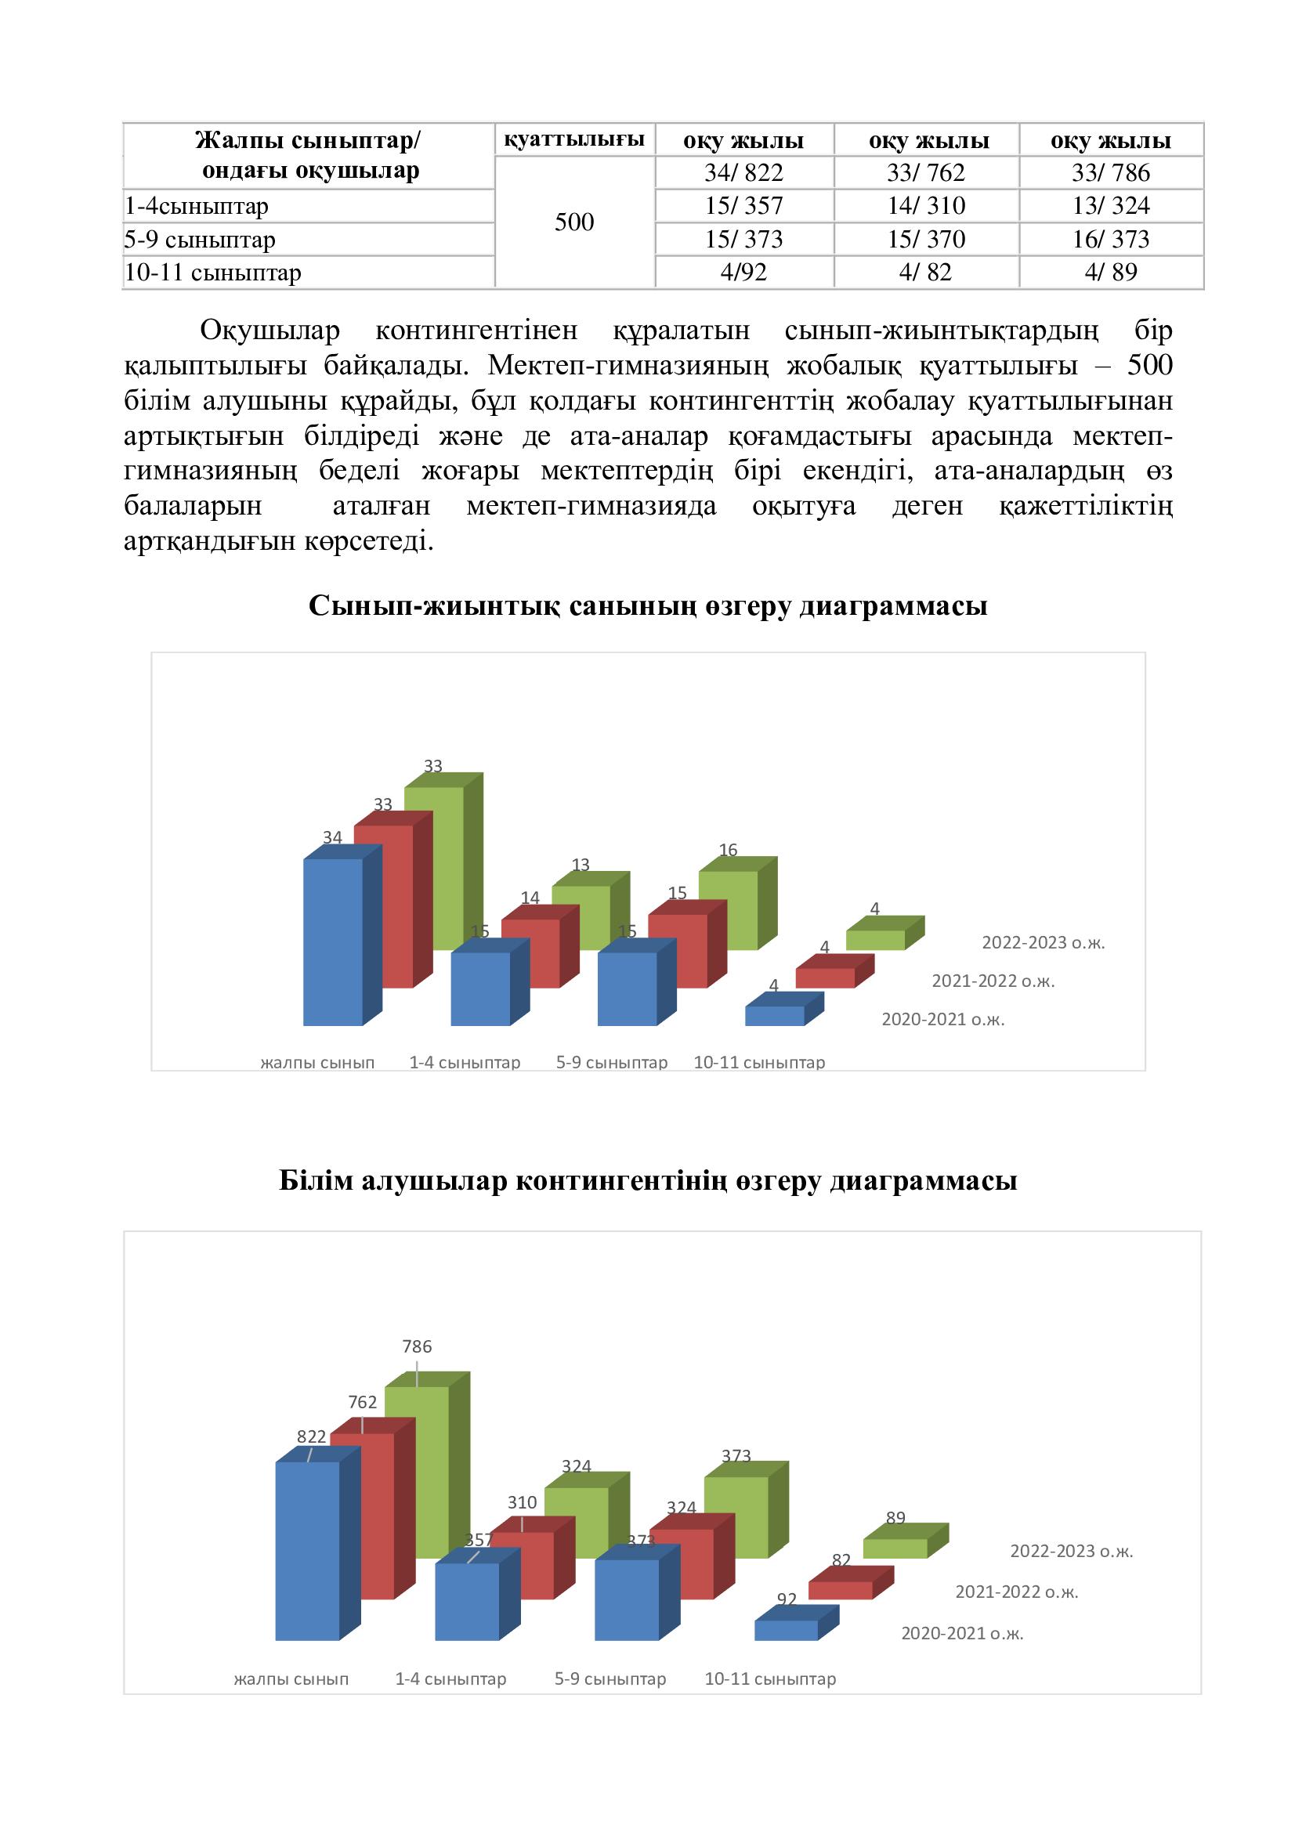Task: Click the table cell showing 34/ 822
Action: point(743,172)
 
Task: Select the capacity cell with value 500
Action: point(573,222)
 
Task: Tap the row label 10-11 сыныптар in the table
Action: point(213,273)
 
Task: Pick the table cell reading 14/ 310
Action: point(925,206)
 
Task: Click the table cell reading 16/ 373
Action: point(1110,240)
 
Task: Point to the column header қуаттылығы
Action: point(573,139)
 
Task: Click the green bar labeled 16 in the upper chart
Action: point(728,909)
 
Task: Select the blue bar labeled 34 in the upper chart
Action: point(333,941)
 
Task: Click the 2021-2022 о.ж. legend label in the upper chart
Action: point(993,981)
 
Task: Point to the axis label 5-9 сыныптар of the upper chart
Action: point(611,1063)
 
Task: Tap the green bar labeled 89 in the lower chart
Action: point(895,1548)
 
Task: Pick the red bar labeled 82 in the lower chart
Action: point(839,1590)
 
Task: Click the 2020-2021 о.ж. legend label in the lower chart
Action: point(961,1633)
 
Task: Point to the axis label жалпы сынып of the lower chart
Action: point(291,1678)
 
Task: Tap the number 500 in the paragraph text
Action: point(1149,366)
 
